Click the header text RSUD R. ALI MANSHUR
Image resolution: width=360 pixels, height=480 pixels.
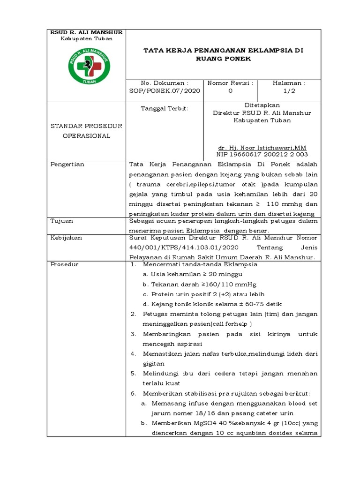(x=87, y=32)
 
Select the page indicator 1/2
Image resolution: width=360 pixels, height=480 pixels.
(x=289, y=91)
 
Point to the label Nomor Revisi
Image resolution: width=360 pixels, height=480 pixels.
(x=230, y=83)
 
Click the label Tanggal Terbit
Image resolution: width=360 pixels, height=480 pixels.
(x=165, y=109)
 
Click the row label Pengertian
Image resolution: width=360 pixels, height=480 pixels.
(x=67, y=165)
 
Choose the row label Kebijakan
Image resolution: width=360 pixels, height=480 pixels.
(x=66, y=238)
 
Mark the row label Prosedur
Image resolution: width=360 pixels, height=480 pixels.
(x=65, y=265)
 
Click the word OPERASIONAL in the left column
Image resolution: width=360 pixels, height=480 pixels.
(x=87, y=136)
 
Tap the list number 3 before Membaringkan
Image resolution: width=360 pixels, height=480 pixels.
(x=133, y=334)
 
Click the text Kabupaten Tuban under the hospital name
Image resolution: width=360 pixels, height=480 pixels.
(x=87, y=39)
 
